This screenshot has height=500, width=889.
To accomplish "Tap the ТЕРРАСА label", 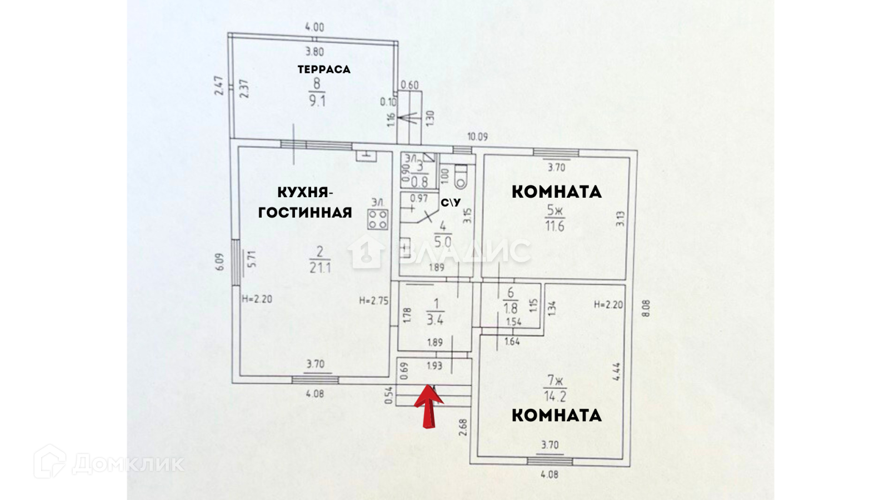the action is (x=324, y=69).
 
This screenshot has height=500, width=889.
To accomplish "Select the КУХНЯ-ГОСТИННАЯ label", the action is (x=305, y=202).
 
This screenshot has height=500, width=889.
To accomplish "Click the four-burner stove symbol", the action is (x=377, y=219).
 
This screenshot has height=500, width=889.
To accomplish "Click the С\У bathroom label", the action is (x=451, y=203).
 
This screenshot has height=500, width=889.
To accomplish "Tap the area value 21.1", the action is (x=320, y=268).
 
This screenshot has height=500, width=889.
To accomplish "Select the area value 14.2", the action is (x=555, y=397).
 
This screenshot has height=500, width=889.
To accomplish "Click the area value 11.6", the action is (x=555, y=226).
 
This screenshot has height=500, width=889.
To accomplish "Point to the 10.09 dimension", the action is (x=477, y=137).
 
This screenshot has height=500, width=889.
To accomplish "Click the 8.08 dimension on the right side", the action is (x=646, y=308).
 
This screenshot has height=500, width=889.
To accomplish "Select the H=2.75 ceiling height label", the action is (x=373, y=301).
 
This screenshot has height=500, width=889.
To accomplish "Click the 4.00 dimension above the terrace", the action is (x=314, y=27).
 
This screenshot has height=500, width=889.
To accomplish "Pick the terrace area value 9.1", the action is (x=317, y=101).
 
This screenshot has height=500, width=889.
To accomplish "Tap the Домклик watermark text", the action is (x=128, y=463).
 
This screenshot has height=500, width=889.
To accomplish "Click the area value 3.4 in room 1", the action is (x=435, y=320).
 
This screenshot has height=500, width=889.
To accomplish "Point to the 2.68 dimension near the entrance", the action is (x=463, y=427).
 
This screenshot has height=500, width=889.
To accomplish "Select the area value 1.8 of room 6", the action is (x=510, y=308).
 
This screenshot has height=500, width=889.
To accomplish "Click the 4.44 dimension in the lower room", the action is (x=616, y=372).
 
